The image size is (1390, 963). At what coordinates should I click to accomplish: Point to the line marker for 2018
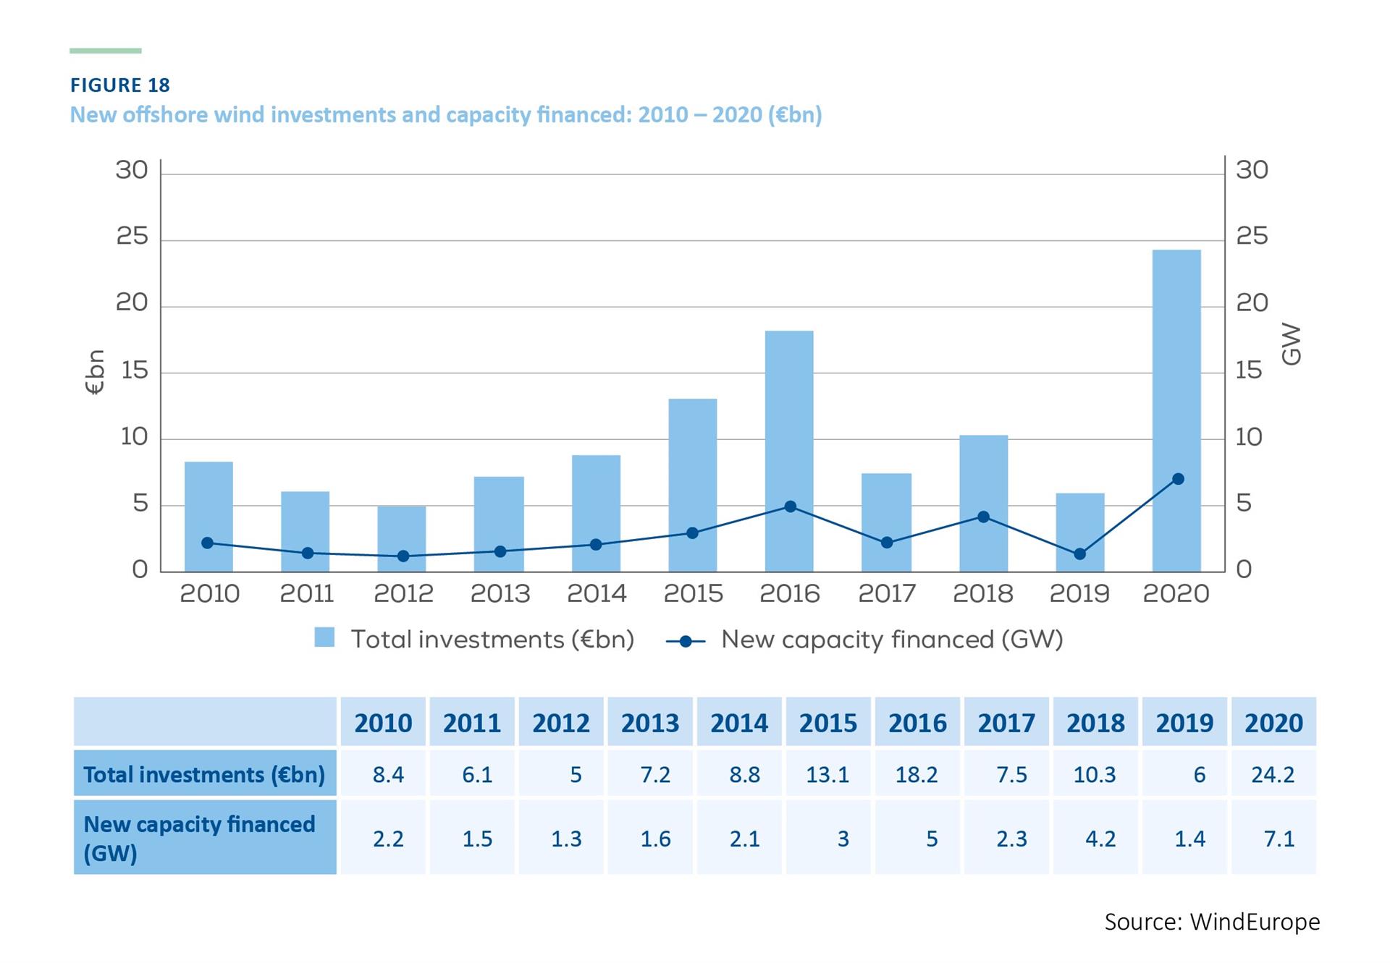click(x=983, y=517)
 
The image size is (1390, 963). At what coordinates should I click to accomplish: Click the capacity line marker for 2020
click(x=1178, y=479)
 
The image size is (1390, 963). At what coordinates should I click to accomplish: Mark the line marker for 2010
click(x=208, y=543)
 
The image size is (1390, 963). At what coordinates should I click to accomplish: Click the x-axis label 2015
click(x=693, y=594)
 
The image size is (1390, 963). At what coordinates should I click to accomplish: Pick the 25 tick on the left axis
click(x=132, y=237)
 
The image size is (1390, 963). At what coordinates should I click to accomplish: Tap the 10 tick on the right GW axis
click(x=1248, y=437)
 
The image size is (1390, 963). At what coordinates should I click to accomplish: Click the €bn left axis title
click(x=96, y=372)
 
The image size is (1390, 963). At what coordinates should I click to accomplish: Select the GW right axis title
click(x=1291, y=344)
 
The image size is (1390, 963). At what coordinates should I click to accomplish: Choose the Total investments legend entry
click(x=475, y=640)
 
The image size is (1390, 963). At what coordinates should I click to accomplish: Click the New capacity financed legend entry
click(x=865, y=640)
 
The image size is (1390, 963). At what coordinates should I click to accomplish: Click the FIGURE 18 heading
click(x=120, y=85)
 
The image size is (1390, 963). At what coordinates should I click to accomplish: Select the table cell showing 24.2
click(x=1273, y=775)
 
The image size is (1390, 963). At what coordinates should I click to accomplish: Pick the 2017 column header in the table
click(x=1006, y=723)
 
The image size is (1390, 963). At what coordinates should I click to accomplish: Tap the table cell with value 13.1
click(x=827, y=775)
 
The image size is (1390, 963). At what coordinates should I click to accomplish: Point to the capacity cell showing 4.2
click(x=1100, y=839)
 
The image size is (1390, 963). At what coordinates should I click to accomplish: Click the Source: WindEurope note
click(x=1212, y=922)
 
